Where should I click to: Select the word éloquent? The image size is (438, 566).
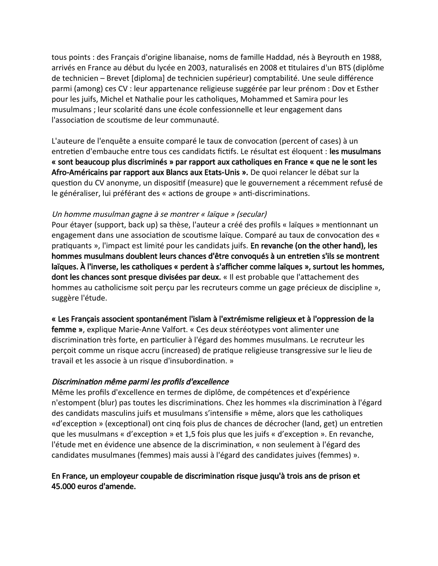click(x=308, y=152)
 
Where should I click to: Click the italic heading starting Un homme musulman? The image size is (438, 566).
click(x=159, y=214)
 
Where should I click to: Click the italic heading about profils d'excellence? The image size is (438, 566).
click(x=140, y=382)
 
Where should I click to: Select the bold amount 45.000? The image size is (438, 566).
click(x=64, y=486)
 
